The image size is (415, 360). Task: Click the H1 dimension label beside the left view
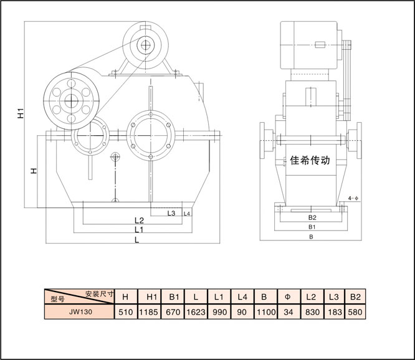[21, 113]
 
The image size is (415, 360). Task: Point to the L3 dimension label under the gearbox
[171, 213]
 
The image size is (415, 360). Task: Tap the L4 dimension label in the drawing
[187, 214]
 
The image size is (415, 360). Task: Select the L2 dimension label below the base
[139, 220]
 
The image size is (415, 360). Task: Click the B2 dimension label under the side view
[312, 217]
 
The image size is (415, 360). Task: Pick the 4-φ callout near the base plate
[353, 198]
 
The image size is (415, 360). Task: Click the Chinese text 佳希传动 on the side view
[310, 160]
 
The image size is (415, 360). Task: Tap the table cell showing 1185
[149, 312]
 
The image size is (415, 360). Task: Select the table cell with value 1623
[196, 312]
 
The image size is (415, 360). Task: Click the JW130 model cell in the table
[81, 311]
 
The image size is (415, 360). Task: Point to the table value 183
[335, 312]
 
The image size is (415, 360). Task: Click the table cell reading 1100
[266, 312]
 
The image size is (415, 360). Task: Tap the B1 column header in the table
[174, 296]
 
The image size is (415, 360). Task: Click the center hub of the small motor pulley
[146, 45]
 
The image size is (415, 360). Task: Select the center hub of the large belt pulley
[71, 101]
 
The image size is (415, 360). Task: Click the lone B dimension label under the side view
[312, 237]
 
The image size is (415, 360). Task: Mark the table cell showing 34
[289, 312]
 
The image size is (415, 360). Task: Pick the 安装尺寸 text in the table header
[100, 293]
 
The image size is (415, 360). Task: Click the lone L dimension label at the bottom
[137, 240]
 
